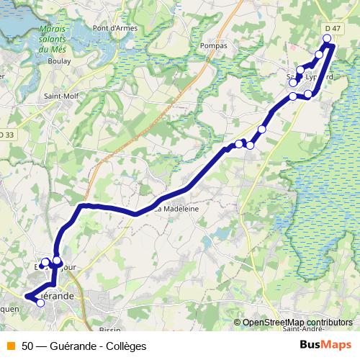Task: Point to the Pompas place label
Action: click(215, 45)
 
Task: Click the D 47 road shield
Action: click(332, 28)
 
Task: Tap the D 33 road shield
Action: click(6, 135)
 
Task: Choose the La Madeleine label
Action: click(177, 209)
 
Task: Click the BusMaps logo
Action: click(325, 345)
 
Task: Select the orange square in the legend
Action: click(11, 346)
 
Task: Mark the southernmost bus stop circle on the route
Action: click(40, 303)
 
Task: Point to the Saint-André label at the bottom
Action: click(302, 330)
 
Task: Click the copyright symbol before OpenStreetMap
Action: click(238, 322)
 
